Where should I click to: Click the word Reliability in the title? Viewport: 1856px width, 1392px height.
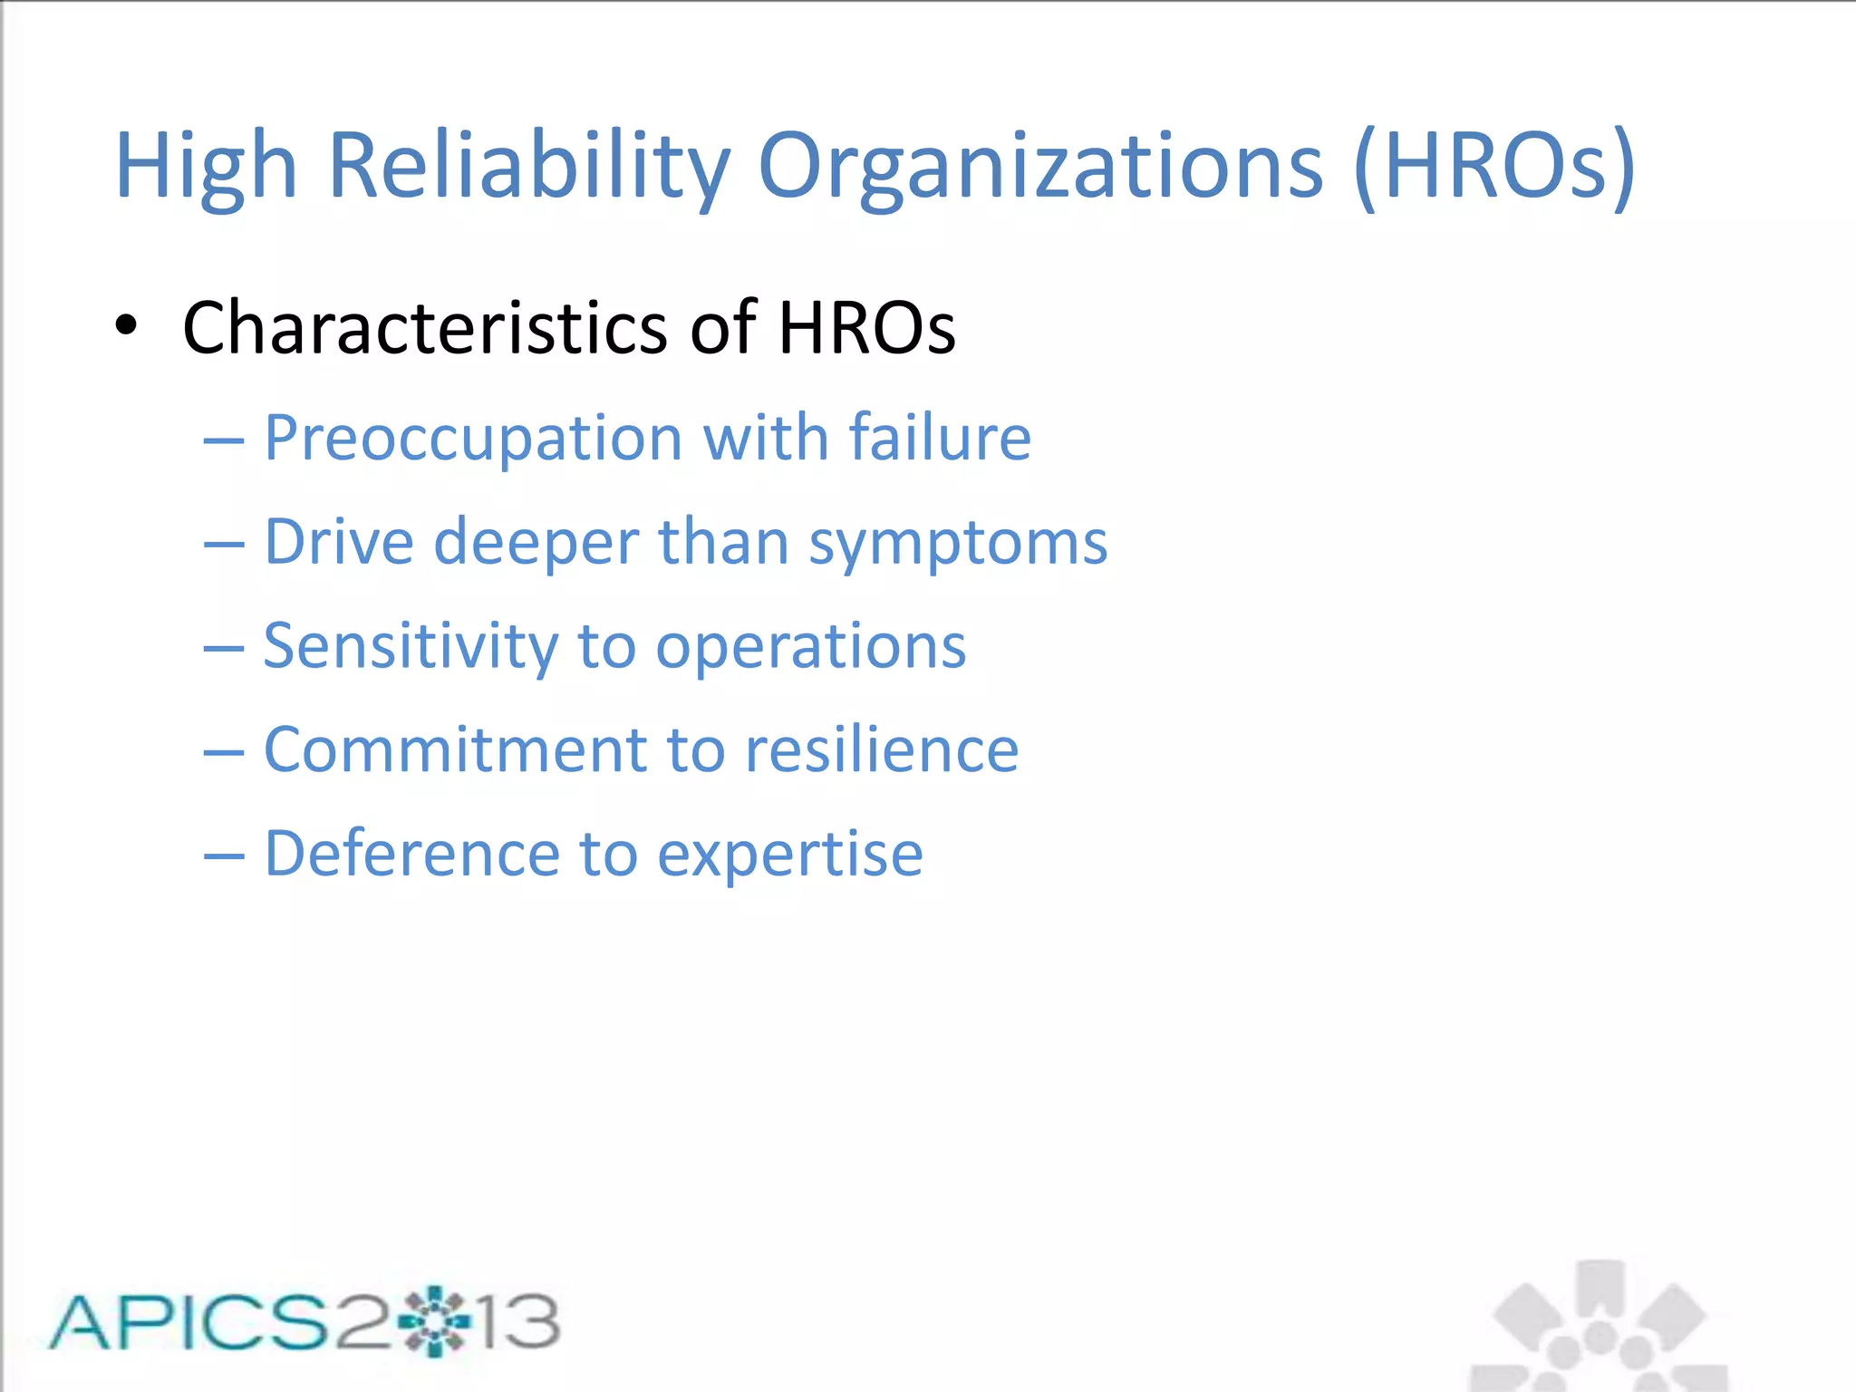pyautogui.click(x=528, y=166)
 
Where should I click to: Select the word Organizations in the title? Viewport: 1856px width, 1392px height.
pyautogui.click(x=1039, y=166)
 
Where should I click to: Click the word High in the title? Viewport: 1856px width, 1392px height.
pyautogui.click(x=207, y=166)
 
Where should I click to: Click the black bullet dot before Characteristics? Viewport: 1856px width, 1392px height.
pyautogui.click(x=127, y=326)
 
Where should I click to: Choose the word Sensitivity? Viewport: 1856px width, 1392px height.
pyautogui.click(x=411, y=647)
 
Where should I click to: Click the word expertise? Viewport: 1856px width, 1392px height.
pyautogui.click(x=789, y=855)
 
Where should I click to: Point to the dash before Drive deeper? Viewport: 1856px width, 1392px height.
pyautogui.click(x=224, y=545)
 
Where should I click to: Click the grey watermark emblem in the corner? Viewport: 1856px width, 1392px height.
pyautogui.click(x=1600, y=1328)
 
